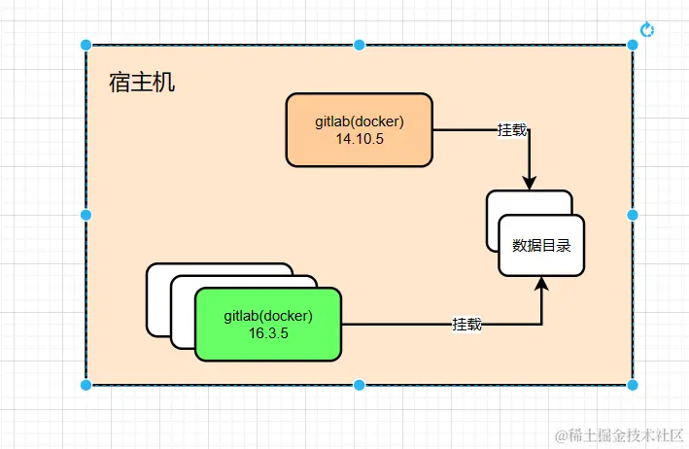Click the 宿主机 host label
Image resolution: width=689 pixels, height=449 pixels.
pyautogui.click(x=142, y=83)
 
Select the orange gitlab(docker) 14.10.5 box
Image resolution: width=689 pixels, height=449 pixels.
pyautogui.click(x=359, y=129)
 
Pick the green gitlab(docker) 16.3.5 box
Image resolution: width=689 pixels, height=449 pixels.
pyautogui.click(x=268, y=324)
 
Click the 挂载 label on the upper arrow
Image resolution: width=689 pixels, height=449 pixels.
pyautogui.click(x=513, y=130)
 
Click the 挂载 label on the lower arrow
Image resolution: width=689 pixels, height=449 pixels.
pyautogui.click(x=466, y=324)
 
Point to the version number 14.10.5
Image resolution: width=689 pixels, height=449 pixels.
pyautogui.click(x=360, y=139)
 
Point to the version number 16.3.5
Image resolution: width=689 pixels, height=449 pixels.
pyautogui.click(x=268, y=333)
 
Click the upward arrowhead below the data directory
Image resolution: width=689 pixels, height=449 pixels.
pyautogui.click(x=542, y=285)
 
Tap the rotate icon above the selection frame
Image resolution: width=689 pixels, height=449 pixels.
pyautogui.click(x=647, y=30)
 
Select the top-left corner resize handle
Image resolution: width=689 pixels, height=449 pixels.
pyautogui.click(x=86, y=45)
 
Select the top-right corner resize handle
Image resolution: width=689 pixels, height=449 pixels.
pyautogui.click(x=633, y=45)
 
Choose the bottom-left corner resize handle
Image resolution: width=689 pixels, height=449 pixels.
pyautogui.click(x=86, y=385)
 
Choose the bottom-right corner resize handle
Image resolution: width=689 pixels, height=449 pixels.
pyautogui.click(x=633, y=385)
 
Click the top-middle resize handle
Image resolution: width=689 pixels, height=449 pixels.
pyautogui.click(x=360, y=45)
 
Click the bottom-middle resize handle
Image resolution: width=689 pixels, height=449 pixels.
pyautogui.click(x=360, y=385)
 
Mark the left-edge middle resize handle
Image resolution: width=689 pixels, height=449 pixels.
pyautogui.click(x=86, y=215)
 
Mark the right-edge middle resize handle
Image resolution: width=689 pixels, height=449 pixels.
pyautogui.click(x=633, y=215)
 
